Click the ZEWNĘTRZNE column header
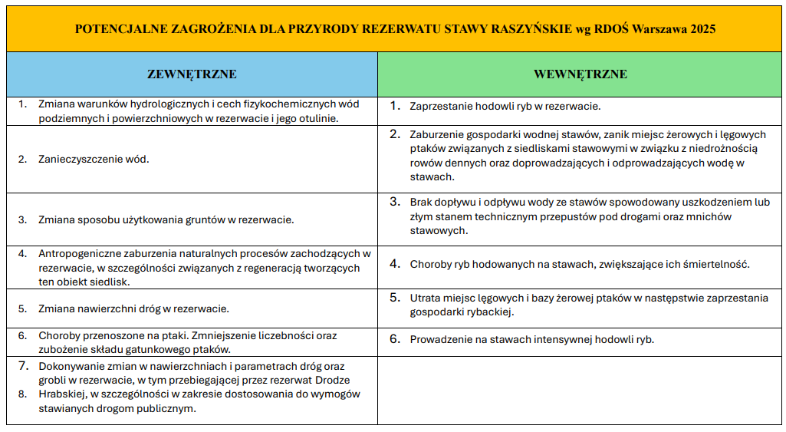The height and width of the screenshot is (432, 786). [192, 74]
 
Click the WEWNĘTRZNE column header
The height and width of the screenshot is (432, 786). [580, 74]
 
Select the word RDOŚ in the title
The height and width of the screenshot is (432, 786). [611, 29]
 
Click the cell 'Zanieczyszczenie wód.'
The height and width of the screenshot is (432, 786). [94, 160]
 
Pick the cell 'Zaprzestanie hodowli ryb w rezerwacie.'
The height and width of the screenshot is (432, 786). [505, 107]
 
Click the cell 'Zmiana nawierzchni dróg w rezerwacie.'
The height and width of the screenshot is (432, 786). [133, 309]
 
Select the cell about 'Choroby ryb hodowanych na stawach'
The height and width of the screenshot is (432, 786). [579, 264]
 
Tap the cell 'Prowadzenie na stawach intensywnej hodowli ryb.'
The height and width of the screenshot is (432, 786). [531, 339]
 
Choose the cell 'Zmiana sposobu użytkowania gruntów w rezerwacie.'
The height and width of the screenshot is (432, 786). [166, 219]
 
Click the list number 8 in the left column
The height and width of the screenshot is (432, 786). [22, 394]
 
